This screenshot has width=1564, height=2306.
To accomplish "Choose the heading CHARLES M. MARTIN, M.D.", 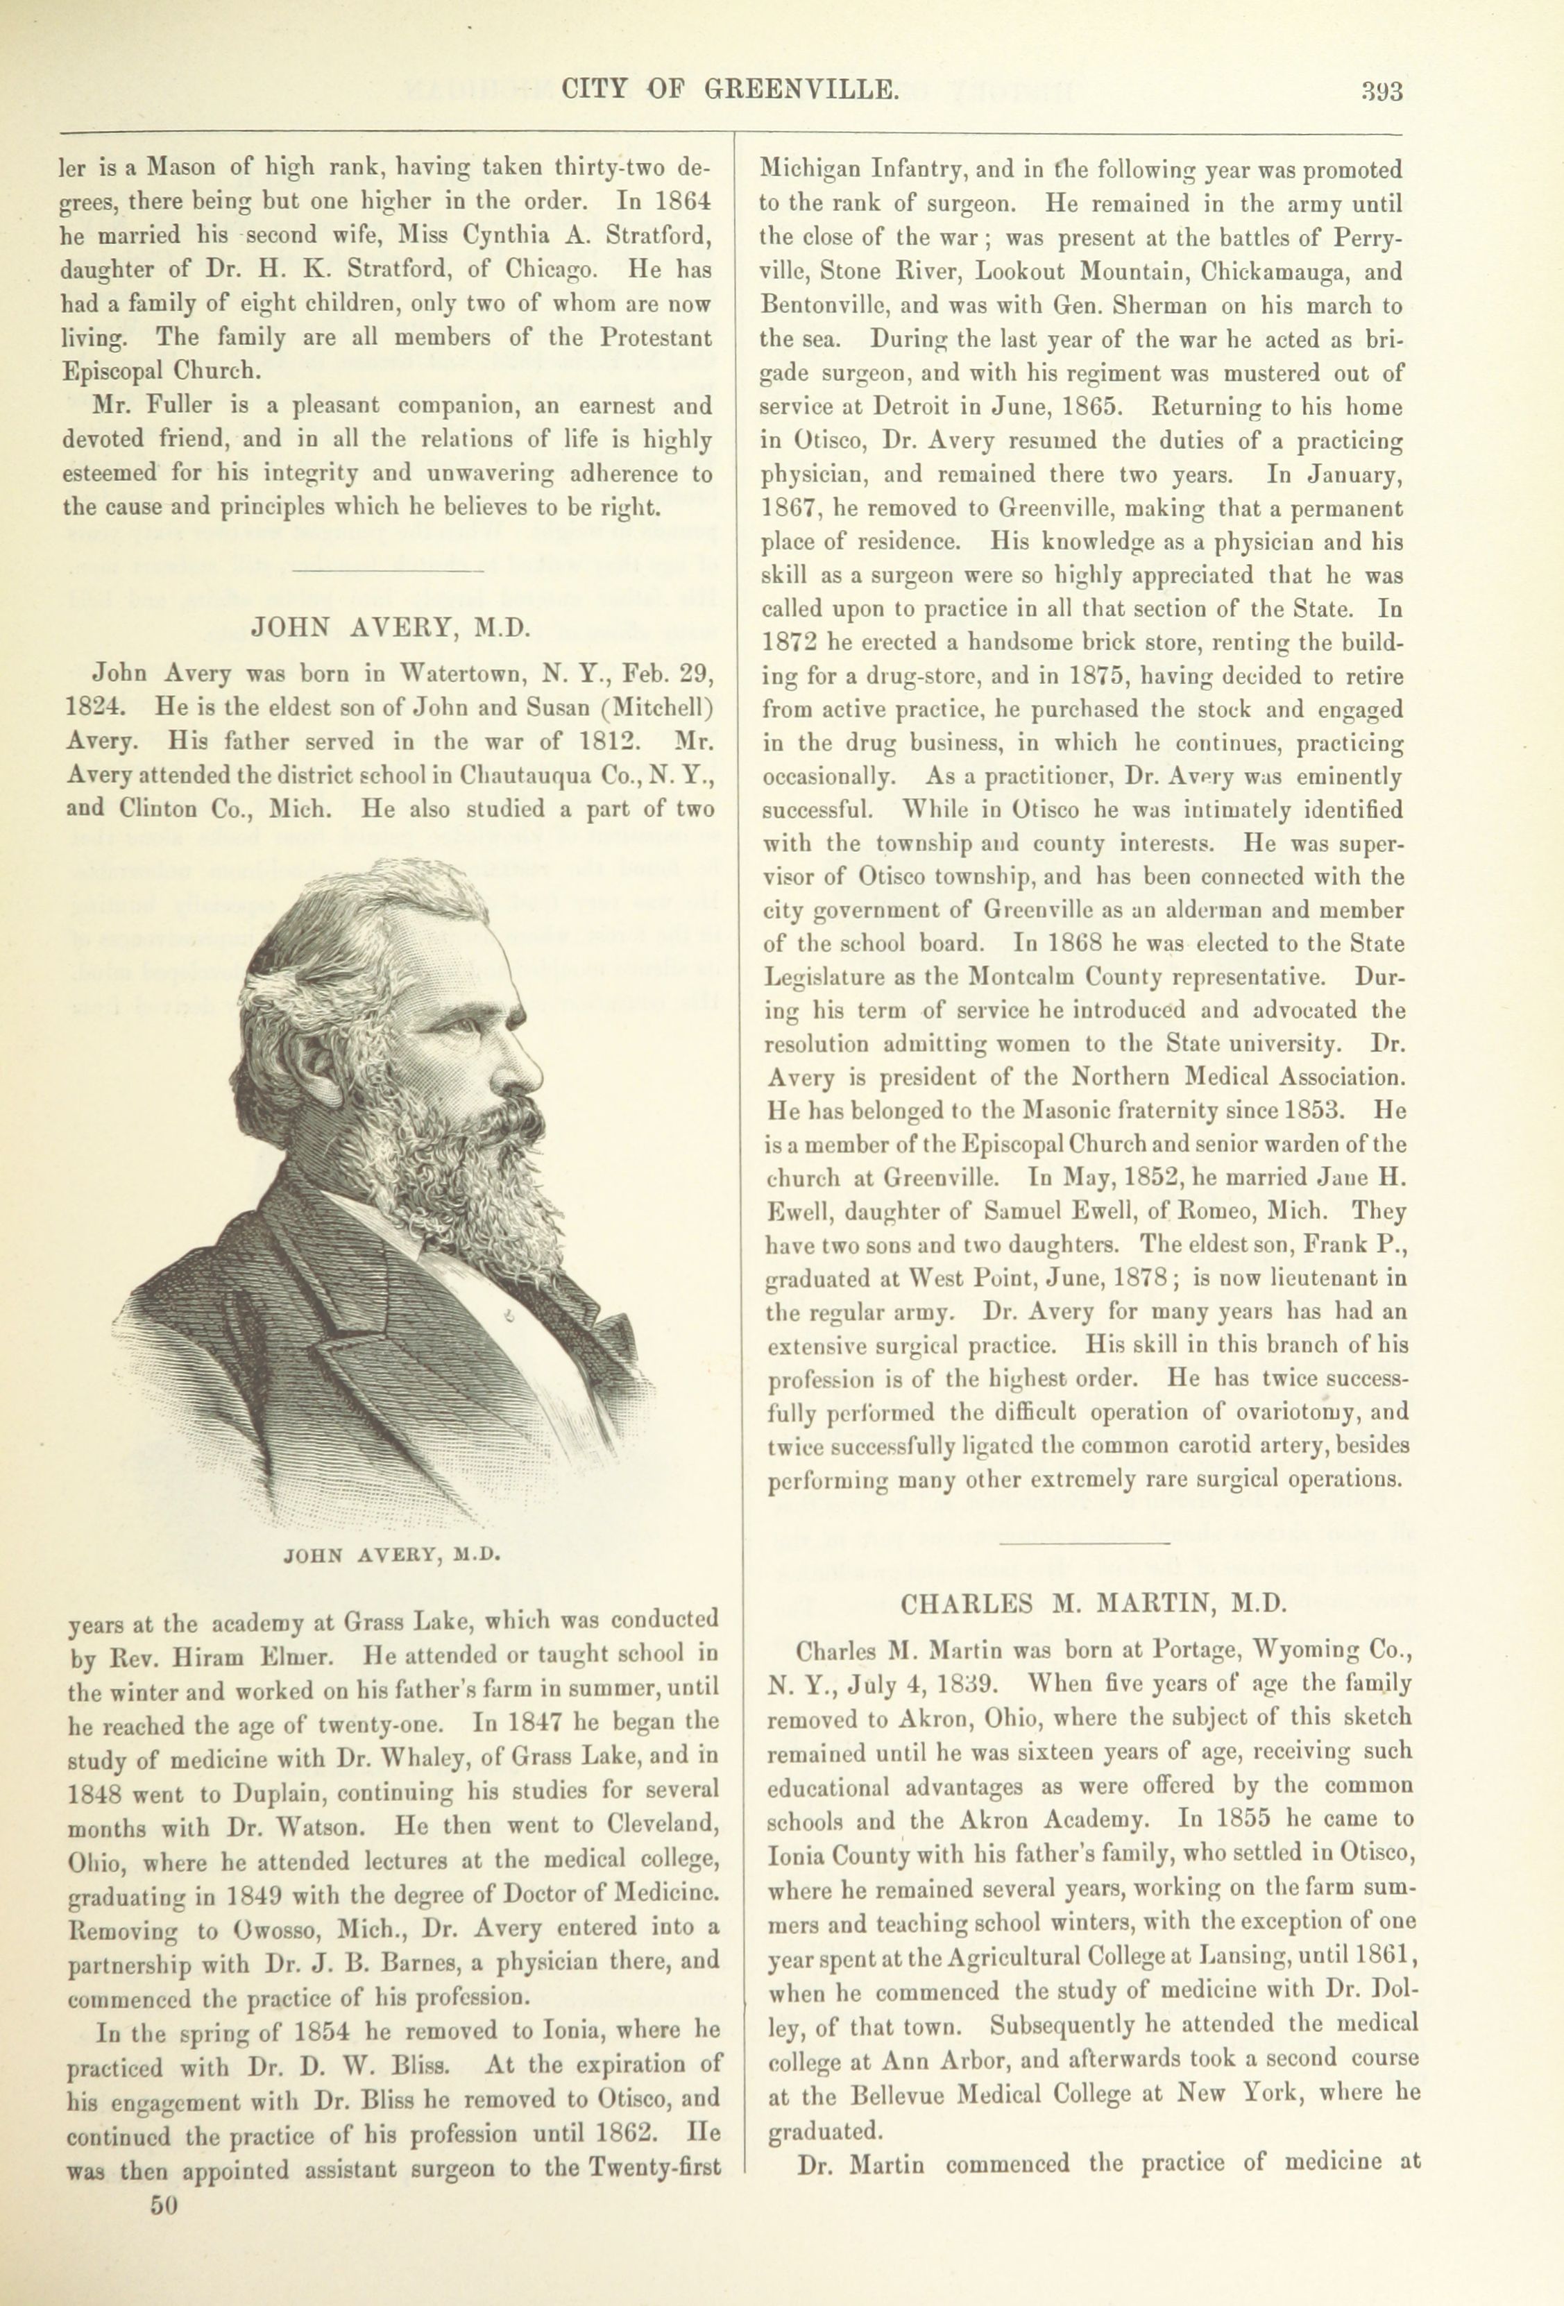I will click(x=1093, y=1603).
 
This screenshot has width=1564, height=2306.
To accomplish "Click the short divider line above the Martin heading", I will click(x=1085, y=1543).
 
